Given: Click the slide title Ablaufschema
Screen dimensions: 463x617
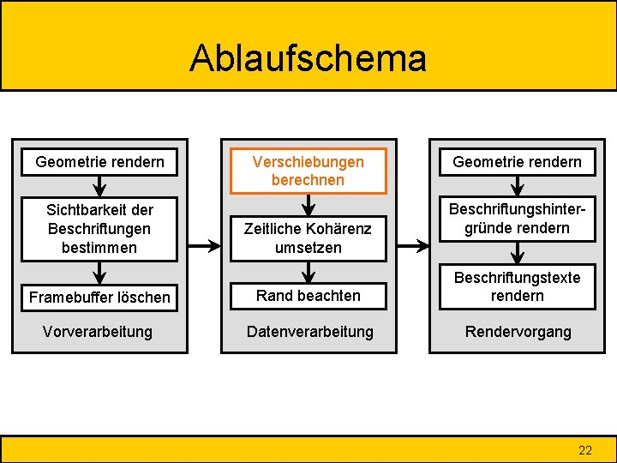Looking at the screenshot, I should point(308,58).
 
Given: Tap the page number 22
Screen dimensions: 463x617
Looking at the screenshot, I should point(585,450).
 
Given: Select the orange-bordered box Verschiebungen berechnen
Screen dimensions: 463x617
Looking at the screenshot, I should point(308,171).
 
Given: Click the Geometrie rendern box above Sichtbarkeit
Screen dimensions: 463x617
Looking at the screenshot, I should point(99,161).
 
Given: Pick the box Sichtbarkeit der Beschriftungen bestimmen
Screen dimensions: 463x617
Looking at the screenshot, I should point(99,229).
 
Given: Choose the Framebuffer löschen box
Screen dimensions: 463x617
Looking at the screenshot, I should point(99,298).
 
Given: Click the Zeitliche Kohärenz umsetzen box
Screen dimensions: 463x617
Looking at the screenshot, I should point(308,238).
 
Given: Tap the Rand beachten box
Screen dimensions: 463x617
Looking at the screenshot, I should point(308,295).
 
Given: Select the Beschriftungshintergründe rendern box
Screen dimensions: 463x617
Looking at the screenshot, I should point(517,219).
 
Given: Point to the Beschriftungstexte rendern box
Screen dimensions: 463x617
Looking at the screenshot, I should point(517,286).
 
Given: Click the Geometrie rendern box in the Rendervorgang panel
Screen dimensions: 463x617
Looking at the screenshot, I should point(517,161).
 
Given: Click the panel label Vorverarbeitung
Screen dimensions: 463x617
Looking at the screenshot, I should point(97,331).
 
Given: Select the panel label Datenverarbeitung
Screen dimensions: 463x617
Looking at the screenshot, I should point(309,331).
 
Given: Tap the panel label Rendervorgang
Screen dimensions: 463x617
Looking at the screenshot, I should point(517,331).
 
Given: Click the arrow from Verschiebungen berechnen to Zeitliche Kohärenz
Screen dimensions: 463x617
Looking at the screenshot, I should point(308,204).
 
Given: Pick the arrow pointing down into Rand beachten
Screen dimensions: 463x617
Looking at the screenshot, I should point(308,273).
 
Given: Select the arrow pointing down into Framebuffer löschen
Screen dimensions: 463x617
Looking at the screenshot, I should point(99,273).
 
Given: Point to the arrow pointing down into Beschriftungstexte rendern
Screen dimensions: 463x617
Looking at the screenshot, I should point(517,253).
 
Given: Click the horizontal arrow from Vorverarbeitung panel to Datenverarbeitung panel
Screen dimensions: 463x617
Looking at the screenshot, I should point(203,246).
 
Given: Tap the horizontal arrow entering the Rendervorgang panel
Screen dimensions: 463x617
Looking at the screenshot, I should point(412,246).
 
